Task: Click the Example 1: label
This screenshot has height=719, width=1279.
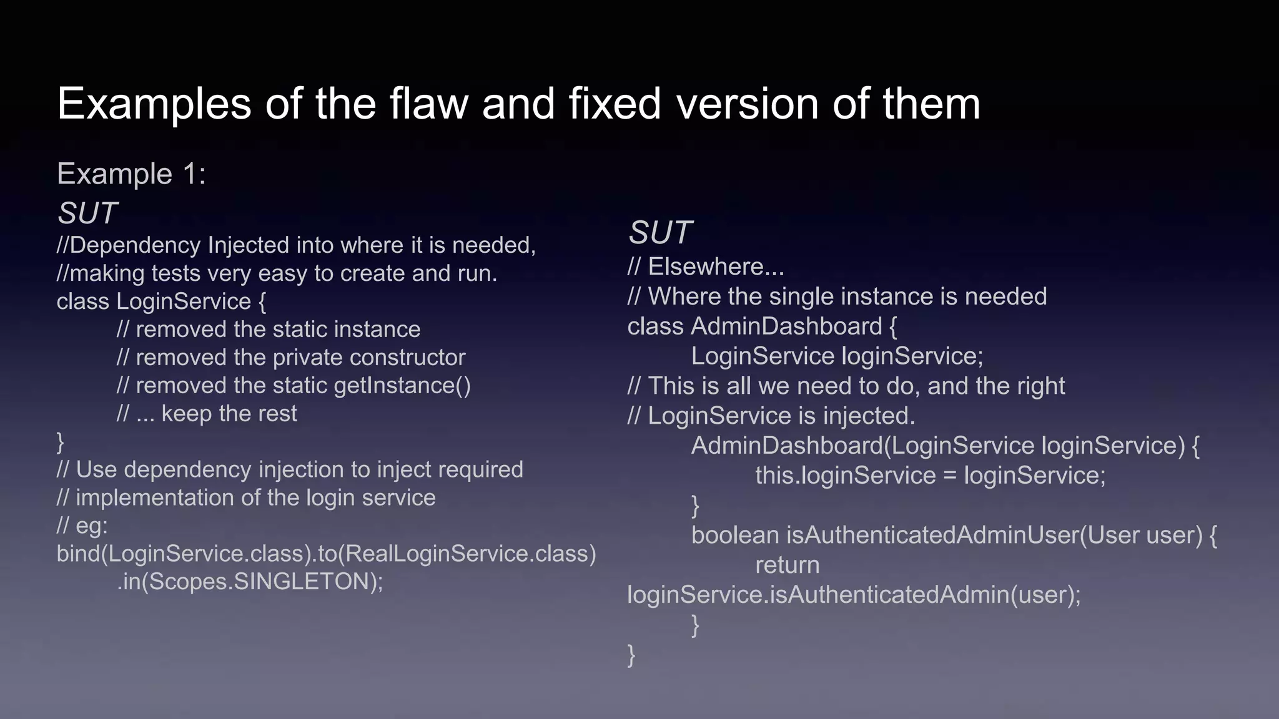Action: click(x=131, y=174)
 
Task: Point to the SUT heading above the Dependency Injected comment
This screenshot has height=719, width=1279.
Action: click(x=87, y=213)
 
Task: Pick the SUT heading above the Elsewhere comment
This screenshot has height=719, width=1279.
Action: click(x=659, y=233)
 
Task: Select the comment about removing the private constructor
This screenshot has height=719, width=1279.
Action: click(x=291, y=358)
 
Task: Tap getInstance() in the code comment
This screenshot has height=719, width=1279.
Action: click(x=402, y=386)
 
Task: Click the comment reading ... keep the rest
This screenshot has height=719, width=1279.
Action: click(x=207, y=414)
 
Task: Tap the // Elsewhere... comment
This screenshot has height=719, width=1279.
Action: click(x=706, y=267)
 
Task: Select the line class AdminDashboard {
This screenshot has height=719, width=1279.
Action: click(x=762, y=326)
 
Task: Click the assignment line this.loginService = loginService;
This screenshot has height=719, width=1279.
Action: click(x=930, y=476)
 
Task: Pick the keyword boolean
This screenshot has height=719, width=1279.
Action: click(x=735, y=535)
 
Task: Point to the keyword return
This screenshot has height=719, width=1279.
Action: click(x=787, y=565)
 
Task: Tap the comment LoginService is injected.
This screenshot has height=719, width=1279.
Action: click(x=771, y=416)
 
